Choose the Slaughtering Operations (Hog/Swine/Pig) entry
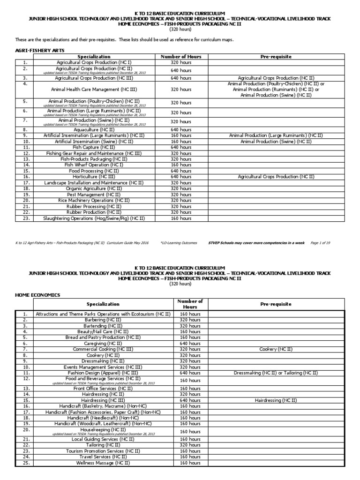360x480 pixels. pos(94,218)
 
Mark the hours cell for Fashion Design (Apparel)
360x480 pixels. pos(190,373)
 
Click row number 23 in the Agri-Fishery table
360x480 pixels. pos(26,218)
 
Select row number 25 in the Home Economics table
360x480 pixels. pos(26,463)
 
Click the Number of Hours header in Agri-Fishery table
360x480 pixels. pos(181,56)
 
